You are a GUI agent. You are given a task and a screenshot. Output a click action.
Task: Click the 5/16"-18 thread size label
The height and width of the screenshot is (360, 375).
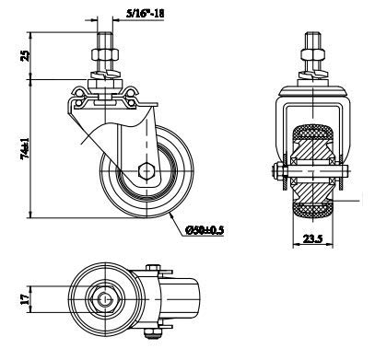click(145, 13)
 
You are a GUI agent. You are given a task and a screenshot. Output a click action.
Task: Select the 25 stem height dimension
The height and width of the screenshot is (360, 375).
click(26, 55)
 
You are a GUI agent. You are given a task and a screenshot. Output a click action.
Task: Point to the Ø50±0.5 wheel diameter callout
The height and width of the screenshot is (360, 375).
click(205, 230)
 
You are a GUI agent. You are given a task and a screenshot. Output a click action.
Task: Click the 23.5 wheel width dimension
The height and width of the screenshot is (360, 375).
click(313, 238)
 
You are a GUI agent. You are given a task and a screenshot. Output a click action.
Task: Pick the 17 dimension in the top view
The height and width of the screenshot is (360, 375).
click(26, 298)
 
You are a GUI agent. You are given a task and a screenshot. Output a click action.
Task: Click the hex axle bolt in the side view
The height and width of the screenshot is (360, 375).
click(146, 171)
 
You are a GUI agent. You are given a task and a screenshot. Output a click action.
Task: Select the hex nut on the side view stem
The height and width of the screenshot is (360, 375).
click(105, 54)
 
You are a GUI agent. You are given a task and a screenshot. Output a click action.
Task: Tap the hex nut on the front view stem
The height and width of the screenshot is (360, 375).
click(312, 54)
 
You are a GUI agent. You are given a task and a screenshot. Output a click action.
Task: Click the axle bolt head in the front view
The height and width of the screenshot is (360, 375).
click(277, 171)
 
